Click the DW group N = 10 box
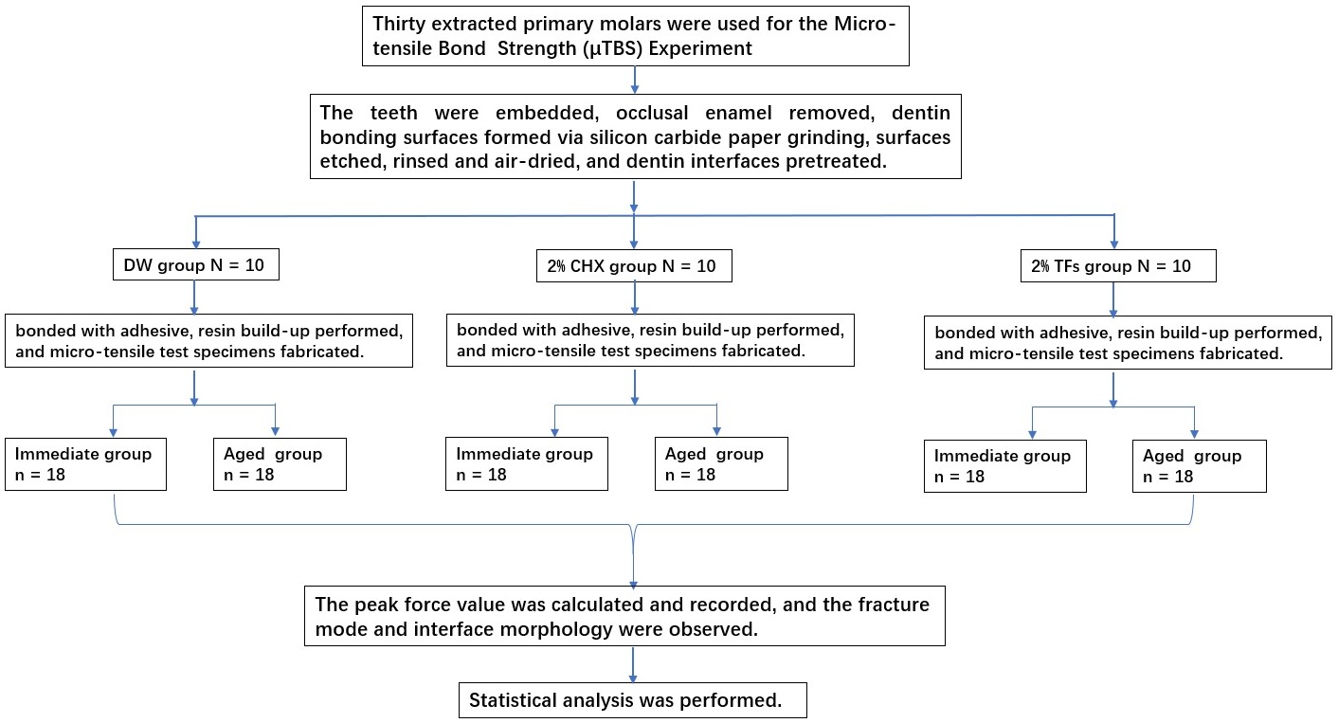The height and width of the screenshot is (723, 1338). click(x=196, y=264)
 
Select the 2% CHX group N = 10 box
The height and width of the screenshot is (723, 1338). click(x=634, y=266)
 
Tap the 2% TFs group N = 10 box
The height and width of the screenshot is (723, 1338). click(x=1118, y=266)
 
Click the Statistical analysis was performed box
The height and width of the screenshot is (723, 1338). click(x=633, y=700)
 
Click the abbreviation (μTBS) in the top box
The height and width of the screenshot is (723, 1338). click(x=613, y=48)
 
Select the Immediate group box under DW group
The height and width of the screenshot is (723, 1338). click(x=85, y=464)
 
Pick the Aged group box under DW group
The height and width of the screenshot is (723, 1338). click(x=280, y=464)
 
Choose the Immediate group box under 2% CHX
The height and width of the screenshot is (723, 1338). click(x=527, y=463)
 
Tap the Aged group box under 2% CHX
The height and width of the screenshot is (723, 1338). click(x=721, y=463)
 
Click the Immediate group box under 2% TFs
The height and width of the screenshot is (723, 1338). click(x=1005, y=466)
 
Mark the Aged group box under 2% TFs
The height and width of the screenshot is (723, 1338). click(x=1200, y=466)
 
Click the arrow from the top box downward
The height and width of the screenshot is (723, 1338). click(x=634, y=80)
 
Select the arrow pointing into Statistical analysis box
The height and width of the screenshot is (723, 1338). click(x=633, y=664)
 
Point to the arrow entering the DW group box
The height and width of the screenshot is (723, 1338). click(x=196, y=232)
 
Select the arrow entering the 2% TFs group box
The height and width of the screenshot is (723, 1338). click(x=1114, y=232)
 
